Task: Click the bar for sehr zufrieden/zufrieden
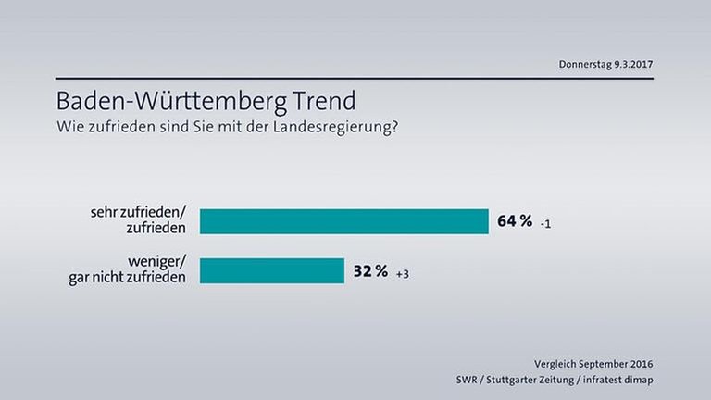pyautogui.click(x=343, y=221)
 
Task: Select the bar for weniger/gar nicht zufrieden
pyautogui.click(x=271, y=270)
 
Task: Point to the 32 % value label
pyautogui.click(x=370, y=270)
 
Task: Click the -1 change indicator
pyautogui.click(x=548, y=223)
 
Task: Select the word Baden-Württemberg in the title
pyautogui.click(x=162, y=100)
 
